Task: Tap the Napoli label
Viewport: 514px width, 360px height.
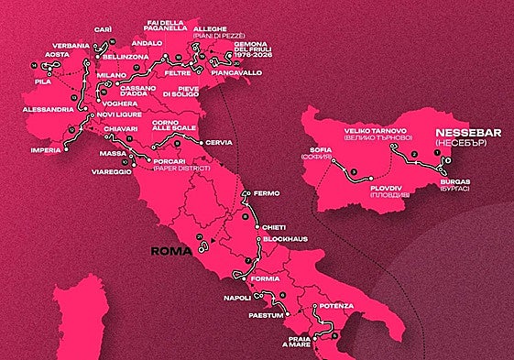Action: click(237, 299)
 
